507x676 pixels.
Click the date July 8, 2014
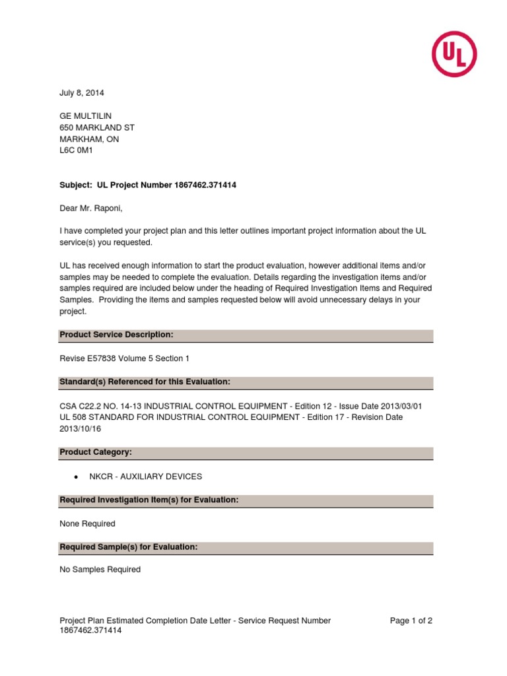pyautogui.click(x=82, y=93)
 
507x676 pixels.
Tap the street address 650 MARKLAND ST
pyautogui.click(x=97, y=127)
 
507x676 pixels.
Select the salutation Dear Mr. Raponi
pyautogui.click(x=91, y=209)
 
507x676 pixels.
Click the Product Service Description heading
pyautogui.click(x=116, y=335)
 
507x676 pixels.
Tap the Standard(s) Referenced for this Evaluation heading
pyautogui.click(x=145, y=382)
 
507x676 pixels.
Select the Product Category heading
pyautogui.click(x=96, y=452)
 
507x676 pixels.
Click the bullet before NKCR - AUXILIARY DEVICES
pyautogui.click(x=77, y=477)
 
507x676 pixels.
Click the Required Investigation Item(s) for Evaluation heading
pyautogui.click(x=149, y=500)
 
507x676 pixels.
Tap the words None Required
pyautogui.click(x=87, y=524)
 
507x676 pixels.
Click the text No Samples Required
pyautogui.click(x=100, y=570)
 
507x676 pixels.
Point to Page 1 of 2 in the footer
pyautogui.click(x=411, y=621)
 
